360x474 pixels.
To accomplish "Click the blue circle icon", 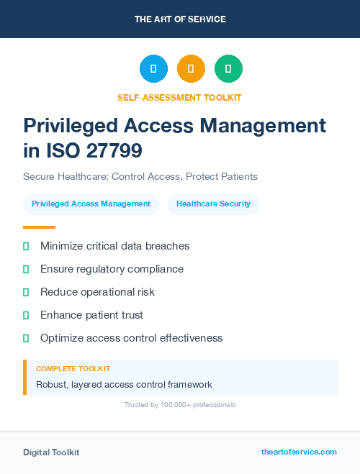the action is click(x=153, y=69).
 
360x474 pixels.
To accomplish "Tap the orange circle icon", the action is click(x=191, y=69).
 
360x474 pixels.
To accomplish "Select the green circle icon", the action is click(x=228, y=69).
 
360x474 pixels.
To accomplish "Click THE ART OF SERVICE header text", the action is click(x=180, y=19).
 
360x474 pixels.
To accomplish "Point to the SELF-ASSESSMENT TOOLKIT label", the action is click(x=179, y=97).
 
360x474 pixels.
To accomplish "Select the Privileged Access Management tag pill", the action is click(x=91, y=204).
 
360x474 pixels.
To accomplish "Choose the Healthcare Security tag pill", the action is click(x=213, y=204).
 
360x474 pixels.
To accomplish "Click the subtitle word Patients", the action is click(x=238, y=176).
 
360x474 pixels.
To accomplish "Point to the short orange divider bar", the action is click(x=39, y=227).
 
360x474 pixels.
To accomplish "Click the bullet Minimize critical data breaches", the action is click(x=114, y=246).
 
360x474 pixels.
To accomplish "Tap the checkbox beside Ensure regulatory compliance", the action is click(x=26, y=269).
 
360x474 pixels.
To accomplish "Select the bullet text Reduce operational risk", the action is click(x=97, y=292).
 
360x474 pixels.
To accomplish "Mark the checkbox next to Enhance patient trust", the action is click(x=26, y=315).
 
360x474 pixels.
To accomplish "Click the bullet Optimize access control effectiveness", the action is click(x=131, y=338).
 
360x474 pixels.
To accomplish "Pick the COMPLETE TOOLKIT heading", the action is click(x=73, y=369).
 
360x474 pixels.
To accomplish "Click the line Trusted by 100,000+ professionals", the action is click(x=180, y=405).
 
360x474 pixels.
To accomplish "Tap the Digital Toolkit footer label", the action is click(x=51, y=452).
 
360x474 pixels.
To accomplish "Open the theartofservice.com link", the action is click(x=299, y=452).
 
